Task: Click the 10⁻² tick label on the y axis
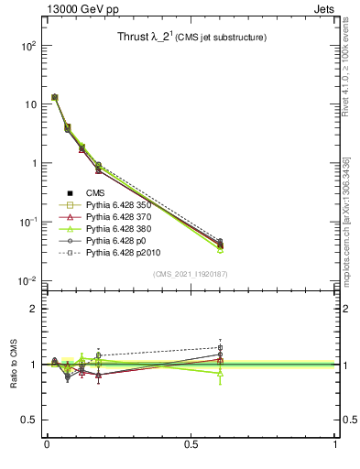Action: coord(27,281)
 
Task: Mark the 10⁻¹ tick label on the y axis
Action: coord(27,223)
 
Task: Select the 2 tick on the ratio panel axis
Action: coord(33,309)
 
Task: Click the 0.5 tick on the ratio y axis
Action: coord(29,420)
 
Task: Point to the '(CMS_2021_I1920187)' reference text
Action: coord(191,274)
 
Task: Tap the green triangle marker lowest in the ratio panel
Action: coord(220,374)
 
